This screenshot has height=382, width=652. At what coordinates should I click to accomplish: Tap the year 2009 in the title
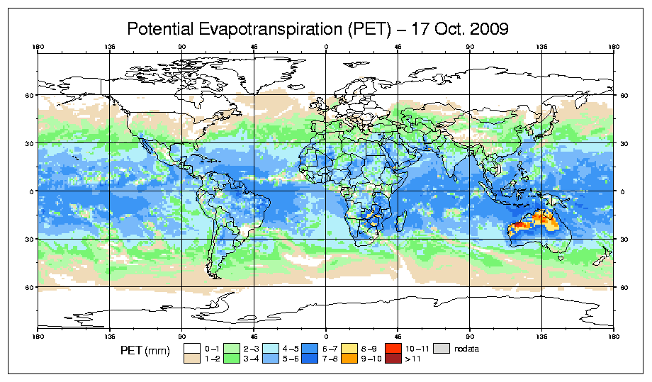tap(487, 29)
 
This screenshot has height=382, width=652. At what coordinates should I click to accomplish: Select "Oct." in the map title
tap(439, 29)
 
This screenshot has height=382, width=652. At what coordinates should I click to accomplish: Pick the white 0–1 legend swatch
tap(191, 348)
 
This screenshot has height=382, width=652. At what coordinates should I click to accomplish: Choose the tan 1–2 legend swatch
tap(191, 358)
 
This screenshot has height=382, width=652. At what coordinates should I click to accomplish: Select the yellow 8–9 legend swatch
tap(349, 348)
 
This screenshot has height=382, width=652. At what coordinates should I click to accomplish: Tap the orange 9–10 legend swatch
tap(349, 358)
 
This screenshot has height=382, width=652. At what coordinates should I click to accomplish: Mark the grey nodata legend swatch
tap(442, 348)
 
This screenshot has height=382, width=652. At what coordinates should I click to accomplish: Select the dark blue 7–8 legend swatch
tap(310, 358)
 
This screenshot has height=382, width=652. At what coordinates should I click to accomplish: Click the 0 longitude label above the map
tap(326, 48)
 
